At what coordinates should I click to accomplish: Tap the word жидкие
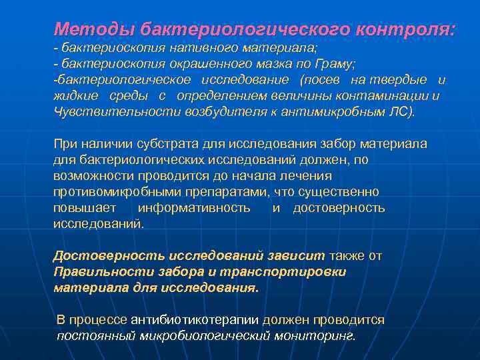73,95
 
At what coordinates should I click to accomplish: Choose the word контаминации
387,95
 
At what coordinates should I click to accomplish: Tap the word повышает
85,208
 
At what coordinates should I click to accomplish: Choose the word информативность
194,208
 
